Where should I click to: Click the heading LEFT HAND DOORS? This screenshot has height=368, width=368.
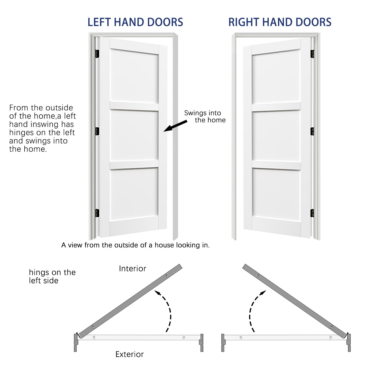pyautogui.click(x=135, y=22)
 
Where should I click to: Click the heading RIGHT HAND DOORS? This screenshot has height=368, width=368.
pyautogui.click(x=280, y=22)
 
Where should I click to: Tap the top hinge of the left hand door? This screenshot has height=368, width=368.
pyautogui.click(x=97, y=54)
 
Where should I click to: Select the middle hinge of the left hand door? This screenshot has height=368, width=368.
pyautogui.click(x=97, y=131)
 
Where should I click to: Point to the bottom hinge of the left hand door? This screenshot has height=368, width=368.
pyautogui.click(x=97, y=213)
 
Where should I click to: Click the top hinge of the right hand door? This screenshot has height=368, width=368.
pyautogui.click(x=312, y=54)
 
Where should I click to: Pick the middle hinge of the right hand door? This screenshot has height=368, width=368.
pyautogui.click(x=312, y=131)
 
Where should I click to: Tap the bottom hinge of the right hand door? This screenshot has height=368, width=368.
pyautogui.click(x=312, y=213)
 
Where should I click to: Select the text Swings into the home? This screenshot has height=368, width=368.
pyautogui.click(x=205, y=116)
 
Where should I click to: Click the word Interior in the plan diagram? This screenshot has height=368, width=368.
pyautogui.click(x=132, y=269)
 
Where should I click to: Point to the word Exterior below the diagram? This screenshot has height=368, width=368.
pyautogui.click(x=129, y=354)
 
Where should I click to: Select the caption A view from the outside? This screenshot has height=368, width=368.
pyautogui.click(x=135, y=245)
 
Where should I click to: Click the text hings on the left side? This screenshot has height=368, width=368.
pyautogui.click(x=52, y=276)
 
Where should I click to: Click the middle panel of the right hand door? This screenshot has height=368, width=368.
pyautogui.click(x=276, y=136)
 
